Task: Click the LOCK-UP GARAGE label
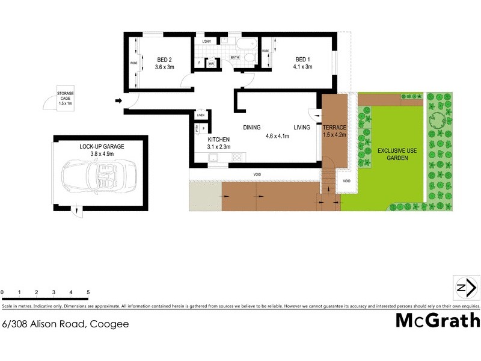(x=101, y=146)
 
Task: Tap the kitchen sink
(x=213, y=158)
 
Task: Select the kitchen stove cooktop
(x=236, y=158)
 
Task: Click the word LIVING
(x=302, y=128)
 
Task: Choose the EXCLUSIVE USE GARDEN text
(x=393, y=153)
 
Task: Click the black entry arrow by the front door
(x=118, y=100)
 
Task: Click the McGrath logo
(x=437, y=320)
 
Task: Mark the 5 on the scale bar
(x=88, y=292)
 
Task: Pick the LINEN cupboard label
(x=200, y=115)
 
